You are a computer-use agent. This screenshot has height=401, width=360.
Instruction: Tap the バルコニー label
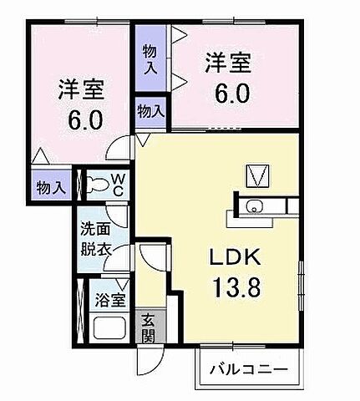pos(247,368)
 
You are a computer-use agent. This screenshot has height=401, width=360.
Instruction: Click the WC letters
pos(118,184)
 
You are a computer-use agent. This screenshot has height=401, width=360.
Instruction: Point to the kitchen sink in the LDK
pos(255,208)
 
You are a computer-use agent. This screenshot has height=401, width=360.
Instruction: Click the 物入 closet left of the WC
pos(51,187)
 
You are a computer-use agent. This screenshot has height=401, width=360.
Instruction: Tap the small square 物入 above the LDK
pos(150,110)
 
